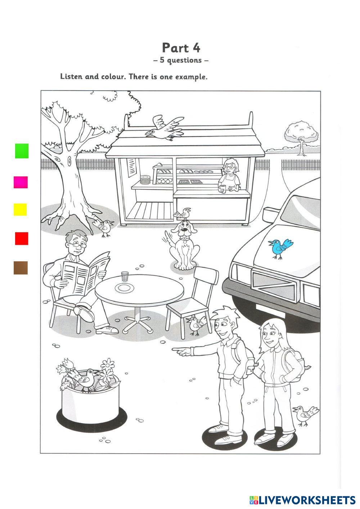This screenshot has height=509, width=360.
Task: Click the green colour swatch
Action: pyautogui.click(x=22, y=151)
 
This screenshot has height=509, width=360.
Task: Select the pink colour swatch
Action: pyautogui.click(x=21, y=182)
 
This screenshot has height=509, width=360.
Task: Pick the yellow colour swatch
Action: pyautogui.click(x=20, y=210)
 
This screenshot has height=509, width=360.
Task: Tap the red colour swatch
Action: pyautogui.click(x=22, y=238)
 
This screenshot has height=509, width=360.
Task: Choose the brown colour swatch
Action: pyautogui.click(x=21, y=268)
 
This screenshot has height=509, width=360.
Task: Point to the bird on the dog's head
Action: pyautogui.click(x=183, y=213)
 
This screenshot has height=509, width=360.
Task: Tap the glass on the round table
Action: pyautogui.click(x=125, y=276)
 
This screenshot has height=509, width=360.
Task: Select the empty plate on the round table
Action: pyautogui.click(x=124, y=288)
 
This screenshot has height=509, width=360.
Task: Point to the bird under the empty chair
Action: pyautogui.click(x=196, y=326)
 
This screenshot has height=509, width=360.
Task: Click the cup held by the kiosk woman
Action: pyautogui.click(x=222, y=189)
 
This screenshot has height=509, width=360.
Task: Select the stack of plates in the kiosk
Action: pyautogui.click(x=145, y=180)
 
